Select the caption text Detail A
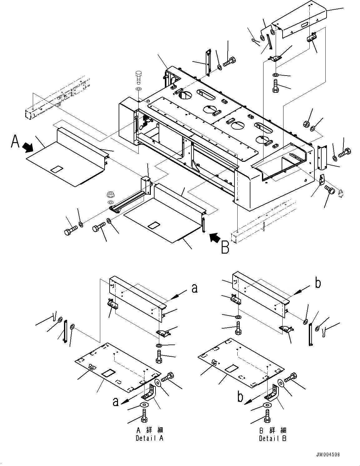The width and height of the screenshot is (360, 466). pos(150,438)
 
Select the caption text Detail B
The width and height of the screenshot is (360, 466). pos(273,438)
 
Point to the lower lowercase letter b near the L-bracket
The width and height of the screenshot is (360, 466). pos(240,397)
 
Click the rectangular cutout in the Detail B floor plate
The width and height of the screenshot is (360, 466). pos(232,368)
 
